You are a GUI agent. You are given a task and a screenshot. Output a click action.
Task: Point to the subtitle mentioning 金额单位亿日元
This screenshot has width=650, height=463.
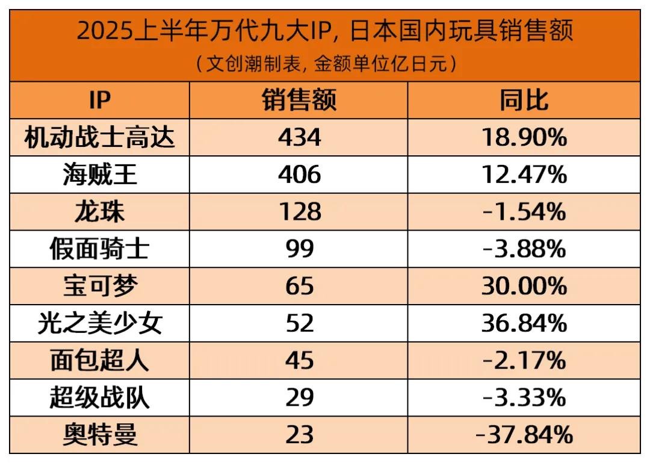(325, 64)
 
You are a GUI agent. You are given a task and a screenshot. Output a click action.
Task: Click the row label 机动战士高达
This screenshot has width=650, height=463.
(99, 138)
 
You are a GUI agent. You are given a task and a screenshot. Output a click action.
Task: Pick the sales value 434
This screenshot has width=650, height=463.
(299, 138)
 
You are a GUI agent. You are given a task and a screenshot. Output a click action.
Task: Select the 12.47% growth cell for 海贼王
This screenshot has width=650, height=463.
(524, 175)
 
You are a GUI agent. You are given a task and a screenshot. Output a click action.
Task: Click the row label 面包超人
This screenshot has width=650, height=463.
(99, 361)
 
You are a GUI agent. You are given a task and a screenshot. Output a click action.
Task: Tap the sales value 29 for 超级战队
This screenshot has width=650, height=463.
(299, 398)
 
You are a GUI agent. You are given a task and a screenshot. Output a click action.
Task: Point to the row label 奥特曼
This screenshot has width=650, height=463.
(99, 435)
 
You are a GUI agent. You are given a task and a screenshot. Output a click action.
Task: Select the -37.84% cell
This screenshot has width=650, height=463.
(524, 435)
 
